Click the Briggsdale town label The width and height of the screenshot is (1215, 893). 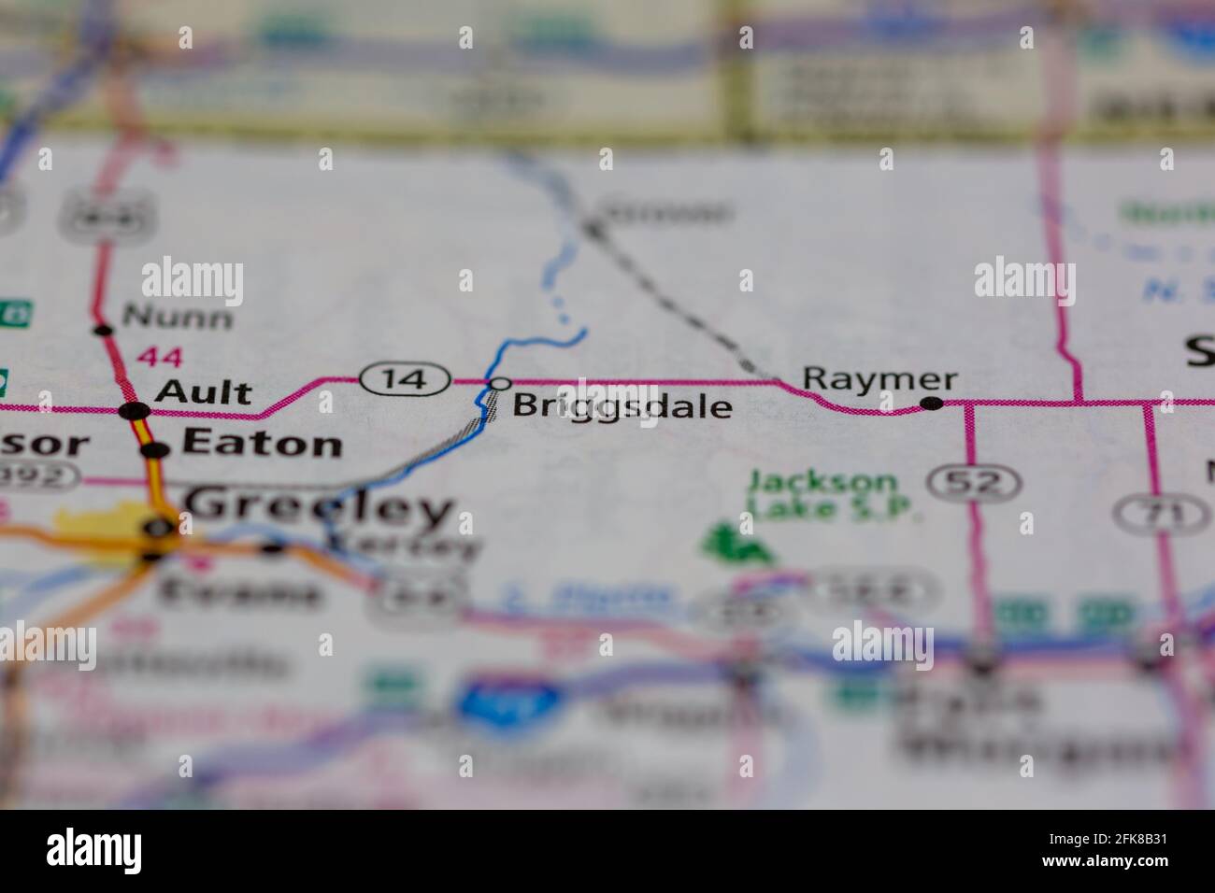point(622,407)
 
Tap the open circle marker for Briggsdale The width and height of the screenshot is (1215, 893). point(500,383)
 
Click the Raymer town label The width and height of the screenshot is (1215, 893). point(879,379)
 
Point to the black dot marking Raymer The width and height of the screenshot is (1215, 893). point(931,404)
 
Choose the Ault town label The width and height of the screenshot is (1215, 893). point(203,392)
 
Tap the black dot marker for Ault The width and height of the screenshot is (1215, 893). point(134,411)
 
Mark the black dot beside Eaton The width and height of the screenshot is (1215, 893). point(155,450)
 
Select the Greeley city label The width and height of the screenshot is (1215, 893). point(319,509)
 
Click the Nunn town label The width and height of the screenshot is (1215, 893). point(178,318)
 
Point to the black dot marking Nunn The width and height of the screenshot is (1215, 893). point(103,329)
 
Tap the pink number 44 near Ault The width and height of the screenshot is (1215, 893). point(161,356)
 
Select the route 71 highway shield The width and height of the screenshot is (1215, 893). point(1149,513)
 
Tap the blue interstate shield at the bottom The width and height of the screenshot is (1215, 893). point(509,700)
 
